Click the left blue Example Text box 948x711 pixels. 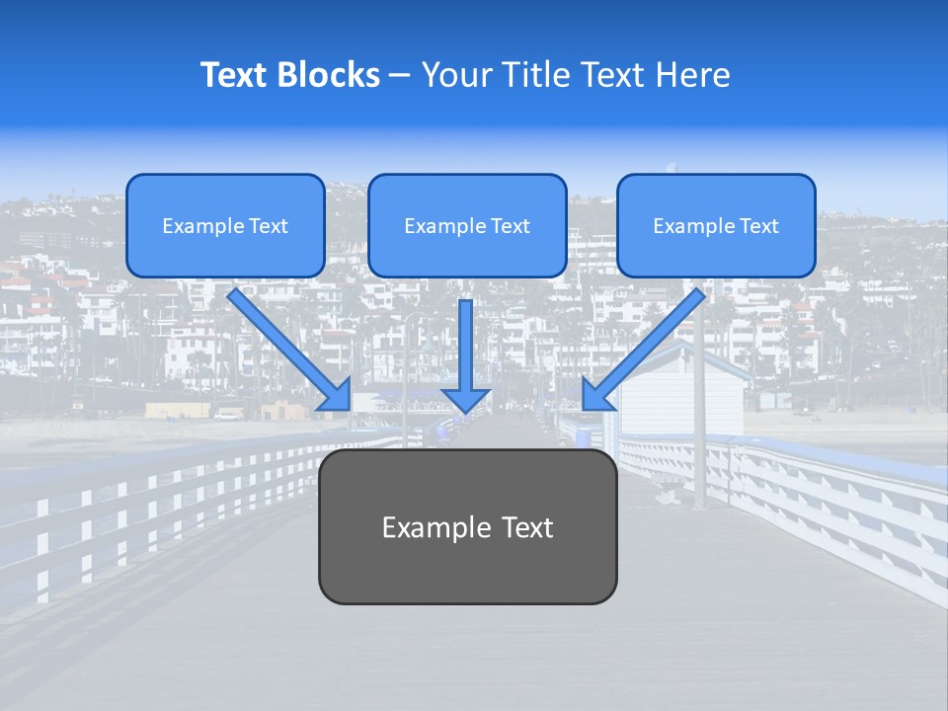pos(225,225)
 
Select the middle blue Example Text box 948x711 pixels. pos(467,225)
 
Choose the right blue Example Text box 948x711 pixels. pos(716,225)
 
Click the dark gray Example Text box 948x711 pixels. pos(467,527)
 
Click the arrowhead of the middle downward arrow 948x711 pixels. pos(466,400)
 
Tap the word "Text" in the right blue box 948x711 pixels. pos(758,226)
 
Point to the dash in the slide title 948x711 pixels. pos(401,75)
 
